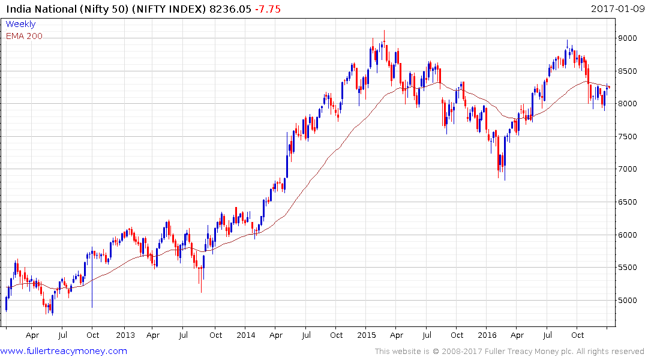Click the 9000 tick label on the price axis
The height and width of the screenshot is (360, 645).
click(x=628, y=38)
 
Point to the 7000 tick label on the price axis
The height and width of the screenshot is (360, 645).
click(x=628, y=169)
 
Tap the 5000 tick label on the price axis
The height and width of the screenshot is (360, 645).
click(x=628, y=301)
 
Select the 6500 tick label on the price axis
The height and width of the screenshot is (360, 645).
click(x=628, y=202)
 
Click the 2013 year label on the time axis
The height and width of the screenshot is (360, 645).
click(x=125, y=335)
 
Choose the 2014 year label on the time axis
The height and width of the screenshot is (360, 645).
click(x=246, y=335)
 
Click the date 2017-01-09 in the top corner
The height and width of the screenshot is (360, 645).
click(x=615, y=9)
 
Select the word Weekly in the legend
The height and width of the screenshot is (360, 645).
click(x=20, y=25)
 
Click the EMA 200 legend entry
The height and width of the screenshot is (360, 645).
click(x=24, y=36)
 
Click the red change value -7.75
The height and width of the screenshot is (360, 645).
click(x=267, y=9)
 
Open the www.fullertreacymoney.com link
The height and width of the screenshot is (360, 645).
click(x=64, y=351)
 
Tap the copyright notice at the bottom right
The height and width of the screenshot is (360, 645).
click(x=509, y=352)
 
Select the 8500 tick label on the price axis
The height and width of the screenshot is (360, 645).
click(x=628, y=71)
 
